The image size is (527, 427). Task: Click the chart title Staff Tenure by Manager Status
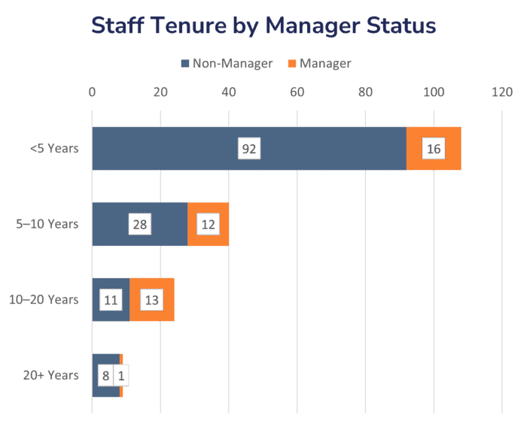[263, 26]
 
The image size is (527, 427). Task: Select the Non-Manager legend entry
[227, 63]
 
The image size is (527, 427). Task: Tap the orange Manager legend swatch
[292, 63]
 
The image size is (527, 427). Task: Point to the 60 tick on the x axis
[297, 92]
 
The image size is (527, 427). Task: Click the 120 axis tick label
[502, 92]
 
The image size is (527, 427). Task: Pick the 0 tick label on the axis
[92, 92]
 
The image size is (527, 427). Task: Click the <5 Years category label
[54, 148]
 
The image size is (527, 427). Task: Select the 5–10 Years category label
[47, 224]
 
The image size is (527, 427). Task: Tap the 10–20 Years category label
[44, 299]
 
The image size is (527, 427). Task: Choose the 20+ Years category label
[50, 375]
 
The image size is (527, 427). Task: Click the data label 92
[249, 149]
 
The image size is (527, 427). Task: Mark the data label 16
[434, 149]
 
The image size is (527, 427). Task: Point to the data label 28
[140, 224]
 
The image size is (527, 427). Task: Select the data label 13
[151, 300]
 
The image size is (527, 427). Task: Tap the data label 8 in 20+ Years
[105, 376]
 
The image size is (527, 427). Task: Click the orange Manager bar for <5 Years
[434, 148]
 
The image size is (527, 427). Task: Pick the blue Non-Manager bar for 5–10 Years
[140, 224]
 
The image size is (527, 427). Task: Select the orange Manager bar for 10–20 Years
[152, 299]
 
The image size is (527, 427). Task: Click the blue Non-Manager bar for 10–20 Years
[111, 299]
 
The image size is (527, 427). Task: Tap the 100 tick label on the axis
[434, 92]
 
